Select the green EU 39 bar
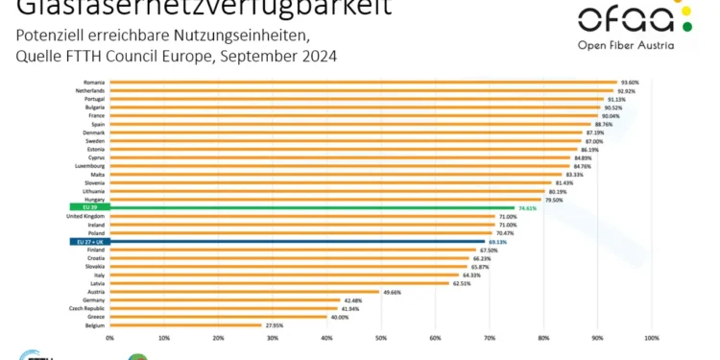click(x=312, y=206)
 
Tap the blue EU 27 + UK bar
click(x=298, y=242)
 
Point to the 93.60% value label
click(x=631, y=82)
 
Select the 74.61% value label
click(x=526, y=206)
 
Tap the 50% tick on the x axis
click(x=381, y=338)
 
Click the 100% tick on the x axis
click(x=652, y=338)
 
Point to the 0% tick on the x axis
click(x=110, y=338)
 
